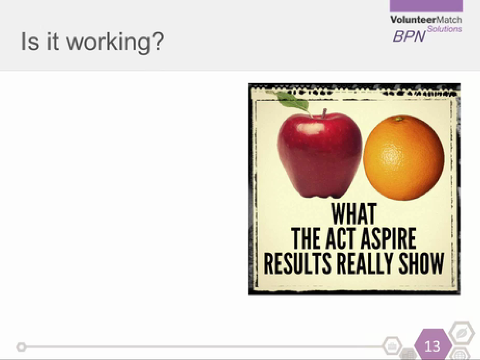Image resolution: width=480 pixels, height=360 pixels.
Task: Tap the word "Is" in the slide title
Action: coord(30,41)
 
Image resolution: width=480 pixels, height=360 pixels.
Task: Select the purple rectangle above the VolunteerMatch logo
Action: coord(426,6)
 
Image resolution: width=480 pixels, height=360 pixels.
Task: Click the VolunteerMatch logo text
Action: coord(426,20)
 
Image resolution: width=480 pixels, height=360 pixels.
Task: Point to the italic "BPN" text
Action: coord(409,36)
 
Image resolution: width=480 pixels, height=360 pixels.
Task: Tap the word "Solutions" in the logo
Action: coord(444,29)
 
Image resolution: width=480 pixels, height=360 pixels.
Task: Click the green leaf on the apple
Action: coord(292,101)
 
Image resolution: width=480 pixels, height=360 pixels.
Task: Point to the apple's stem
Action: coord(324,114)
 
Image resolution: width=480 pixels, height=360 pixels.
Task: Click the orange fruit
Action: coord(403,158)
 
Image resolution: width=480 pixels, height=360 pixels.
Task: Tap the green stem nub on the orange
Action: coord(399,119)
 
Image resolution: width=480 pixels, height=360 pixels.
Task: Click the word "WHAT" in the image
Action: coord(354,214)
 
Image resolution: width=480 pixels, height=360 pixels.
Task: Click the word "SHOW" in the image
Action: coord(421,263)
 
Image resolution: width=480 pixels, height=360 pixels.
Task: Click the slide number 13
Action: coord(432,346)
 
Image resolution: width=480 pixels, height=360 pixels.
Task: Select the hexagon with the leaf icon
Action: coord(461,333)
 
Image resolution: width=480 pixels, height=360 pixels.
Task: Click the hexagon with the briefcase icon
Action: coord(392,346)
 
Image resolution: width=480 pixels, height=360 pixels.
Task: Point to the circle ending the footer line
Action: coord(21,347)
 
